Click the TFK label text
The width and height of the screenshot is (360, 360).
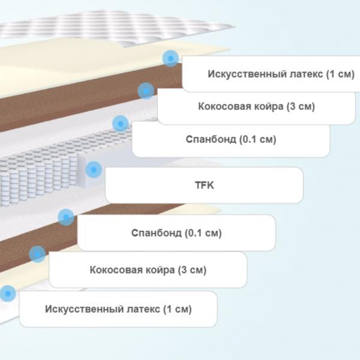click(205, 185)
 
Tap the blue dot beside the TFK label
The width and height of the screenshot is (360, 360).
click(94, 170)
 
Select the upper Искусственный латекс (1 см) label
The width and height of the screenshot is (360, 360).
click(281, 74)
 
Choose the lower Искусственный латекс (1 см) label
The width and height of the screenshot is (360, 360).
click(118, 309)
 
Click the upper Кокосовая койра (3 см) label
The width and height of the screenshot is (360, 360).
click(256, 106)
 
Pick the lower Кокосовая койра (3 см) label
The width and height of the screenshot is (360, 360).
click(148, 270)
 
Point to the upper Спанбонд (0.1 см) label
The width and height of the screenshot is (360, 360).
click(231, 139)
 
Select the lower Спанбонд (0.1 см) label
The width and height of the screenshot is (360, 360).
click(176, 233)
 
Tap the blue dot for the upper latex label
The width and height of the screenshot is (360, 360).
click(170, 59)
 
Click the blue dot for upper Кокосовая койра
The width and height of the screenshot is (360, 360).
click(146, 91)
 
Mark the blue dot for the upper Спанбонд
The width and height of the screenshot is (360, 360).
click(121, 124)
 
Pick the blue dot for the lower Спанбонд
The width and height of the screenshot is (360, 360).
click(66, 217)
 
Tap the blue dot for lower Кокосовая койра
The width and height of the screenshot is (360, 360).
click(37, 254)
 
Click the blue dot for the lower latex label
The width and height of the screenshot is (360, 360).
click(8, 293)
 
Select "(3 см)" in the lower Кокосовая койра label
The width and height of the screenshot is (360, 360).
click(192, 270)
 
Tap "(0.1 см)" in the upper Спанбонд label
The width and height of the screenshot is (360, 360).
click(257, 139)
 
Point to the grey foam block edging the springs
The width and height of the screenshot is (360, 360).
click(82, 172)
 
